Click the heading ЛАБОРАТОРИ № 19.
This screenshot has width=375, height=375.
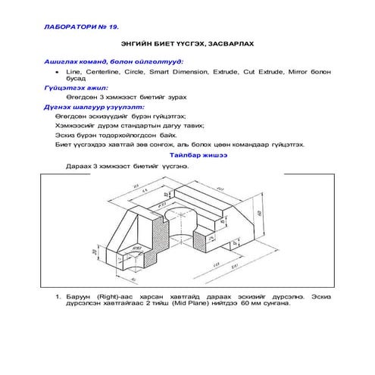pos(83,27)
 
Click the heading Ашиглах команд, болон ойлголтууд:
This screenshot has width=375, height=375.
pos(114,60)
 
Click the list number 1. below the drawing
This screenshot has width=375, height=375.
pos(58,298)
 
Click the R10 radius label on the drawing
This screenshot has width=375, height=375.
pos(139,247)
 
